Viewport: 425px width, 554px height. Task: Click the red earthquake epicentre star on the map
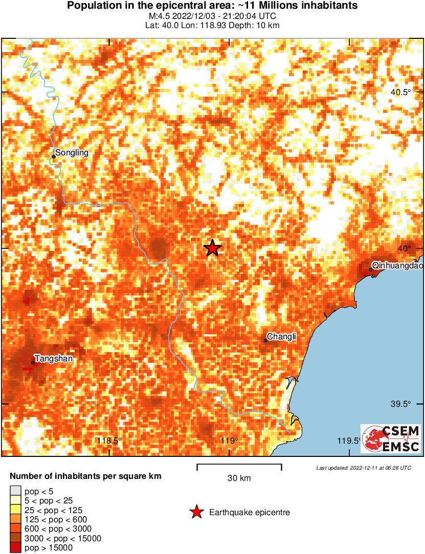coord(212,248)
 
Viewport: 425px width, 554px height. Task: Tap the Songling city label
coord(72,152)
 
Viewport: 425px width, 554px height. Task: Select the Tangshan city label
coord(53,359)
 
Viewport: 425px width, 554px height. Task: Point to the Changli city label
coord(282,336)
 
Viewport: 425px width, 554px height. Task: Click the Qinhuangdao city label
coord(398,265)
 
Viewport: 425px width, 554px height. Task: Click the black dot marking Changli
coord(266,340)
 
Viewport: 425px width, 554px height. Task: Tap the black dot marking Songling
coord(54,156)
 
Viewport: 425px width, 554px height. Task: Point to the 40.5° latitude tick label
coord(401,93)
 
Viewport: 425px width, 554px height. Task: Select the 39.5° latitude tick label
coord(401,404)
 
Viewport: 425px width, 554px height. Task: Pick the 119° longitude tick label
coord(230,441)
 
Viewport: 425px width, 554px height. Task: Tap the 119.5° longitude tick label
coord(350,441)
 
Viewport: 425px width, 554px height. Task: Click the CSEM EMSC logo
coord(391,438)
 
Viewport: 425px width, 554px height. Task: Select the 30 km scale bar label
coord(239,478)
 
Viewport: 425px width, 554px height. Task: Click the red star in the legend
coord(196,512)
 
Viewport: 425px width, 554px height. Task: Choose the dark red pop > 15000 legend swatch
coord(16,548)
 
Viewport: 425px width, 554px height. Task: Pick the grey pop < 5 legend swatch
coord(16,492)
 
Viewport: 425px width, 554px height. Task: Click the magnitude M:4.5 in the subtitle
coord(159,16)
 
